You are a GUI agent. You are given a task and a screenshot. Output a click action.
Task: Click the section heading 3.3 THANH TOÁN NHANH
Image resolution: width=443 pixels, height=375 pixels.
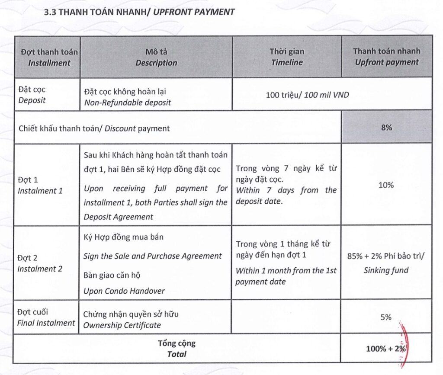pos(139,12)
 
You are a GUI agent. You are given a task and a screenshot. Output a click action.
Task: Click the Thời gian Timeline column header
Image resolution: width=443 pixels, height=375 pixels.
pos(287,57)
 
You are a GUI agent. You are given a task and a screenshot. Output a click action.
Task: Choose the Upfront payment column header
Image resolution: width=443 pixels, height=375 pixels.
pos(387,57)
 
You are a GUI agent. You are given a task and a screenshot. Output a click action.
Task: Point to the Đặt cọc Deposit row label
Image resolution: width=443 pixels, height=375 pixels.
pos(32,95)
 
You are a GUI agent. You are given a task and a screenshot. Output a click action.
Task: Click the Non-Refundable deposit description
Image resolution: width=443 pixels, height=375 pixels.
pos(128,103)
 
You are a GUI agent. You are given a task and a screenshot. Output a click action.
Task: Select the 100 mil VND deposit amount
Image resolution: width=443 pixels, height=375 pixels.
pos(307,94)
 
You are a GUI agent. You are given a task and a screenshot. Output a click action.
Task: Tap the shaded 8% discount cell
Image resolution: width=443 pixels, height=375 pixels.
pos(386,128)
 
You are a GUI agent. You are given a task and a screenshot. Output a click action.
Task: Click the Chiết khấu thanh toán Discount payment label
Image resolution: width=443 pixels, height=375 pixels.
pos(94,128)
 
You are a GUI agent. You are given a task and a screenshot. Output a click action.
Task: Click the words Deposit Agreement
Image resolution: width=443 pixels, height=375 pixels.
pos(119,217)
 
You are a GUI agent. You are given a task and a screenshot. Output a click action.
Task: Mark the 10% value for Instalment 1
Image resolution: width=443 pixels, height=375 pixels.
pos(386,185)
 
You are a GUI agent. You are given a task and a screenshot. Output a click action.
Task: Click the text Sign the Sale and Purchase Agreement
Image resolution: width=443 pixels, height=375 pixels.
pos(153,256)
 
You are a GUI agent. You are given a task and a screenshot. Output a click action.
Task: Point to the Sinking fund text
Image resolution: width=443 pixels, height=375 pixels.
pos(386,271)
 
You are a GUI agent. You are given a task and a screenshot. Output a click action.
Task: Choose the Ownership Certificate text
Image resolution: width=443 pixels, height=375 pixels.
pos(122,325)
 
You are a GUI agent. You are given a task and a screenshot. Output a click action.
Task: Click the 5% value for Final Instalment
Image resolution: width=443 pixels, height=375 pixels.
pos(386,317)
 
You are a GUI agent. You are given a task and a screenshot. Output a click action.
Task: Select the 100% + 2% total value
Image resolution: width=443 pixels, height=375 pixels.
pos(386,348)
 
